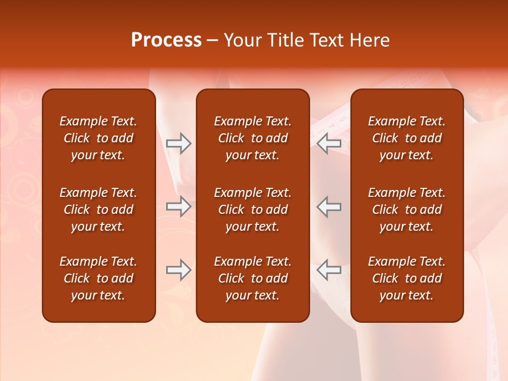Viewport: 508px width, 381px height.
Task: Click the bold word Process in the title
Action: [166, 40]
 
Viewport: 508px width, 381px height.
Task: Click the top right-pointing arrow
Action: [179, 143]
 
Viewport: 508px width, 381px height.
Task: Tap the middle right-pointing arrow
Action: [179, 206]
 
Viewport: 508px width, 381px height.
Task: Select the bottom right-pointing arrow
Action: [179, 270]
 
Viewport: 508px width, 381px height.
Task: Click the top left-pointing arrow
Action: [329, 143]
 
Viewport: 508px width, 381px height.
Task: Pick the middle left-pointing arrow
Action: [329, 206]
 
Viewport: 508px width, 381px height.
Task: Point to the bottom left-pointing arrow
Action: [329, 270]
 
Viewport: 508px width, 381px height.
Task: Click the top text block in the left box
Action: [98, 138]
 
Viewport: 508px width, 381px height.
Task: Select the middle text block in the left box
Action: [98, 210]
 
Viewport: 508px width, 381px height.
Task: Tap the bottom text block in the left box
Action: [98, 278]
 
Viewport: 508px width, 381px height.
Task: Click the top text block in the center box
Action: [252, 138]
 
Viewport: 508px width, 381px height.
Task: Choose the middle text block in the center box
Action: [252, 210]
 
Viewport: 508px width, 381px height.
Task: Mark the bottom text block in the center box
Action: [252, 278]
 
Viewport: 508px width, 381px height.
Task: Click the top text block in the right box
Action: [406, 138]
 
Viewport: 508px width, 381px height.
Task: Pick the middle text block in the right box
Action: [406, 210]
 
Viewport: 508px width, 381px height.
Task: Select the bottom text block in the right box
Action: [406, 278]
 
